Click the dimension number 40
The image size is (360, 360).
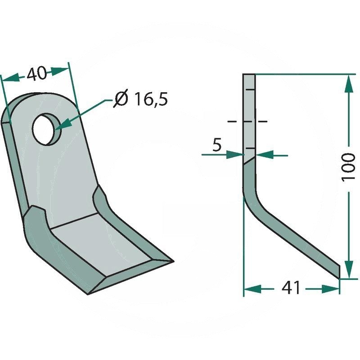(37, 74)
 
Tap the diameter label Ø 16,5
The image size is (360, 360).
(141, 99)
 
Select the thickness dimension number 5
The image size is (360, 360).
(217, 145)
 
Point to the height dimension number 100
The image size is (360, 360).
(348, 167)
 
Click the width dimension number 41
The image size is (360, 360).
(291, 288)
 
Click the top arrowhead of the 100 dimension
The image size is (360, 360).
(349, 84)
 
